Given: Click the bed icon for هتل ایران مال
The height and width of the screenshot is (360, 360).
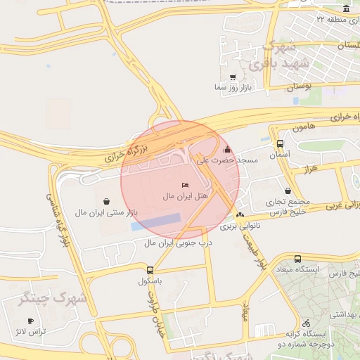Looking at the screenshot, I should [175, 185].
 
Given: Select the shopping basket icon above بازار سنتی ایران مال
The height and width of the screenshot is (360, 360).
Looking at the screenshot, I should [105, 201].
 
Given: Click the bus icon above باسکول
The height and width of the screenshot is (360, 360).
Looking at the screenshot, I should [150, 270].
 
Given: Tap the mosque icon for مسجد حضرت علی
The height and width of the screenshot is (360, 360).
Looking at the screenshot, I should [226, 150].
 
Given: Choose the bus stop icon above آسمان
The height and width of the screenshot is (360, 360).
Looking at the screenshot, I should [281, 143].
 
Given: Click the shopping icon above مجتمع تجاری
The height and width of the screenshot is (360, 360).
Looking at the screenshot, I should [288, 191].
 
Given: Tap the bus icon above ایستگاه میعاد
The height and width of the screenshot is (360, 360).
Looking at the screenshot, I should [298, 259].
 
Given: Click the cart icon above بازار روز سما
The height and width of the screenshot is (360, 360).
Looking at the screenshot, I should [233, 77].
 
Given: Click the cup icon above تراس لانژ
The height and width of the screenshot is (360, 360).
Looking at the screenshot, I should [30, 321].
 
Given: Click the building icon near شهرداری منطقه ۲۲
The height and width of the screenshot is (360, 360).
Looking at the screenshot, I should [346, 8].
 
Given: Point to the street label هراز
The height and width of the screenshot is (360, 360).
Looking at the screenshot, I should [307, 169].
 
